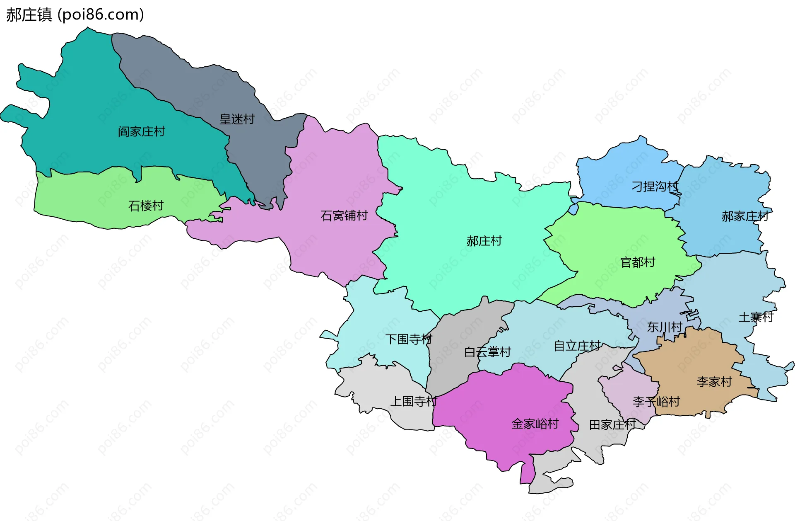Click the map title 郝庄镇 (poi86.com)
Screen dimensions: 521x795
pos(75,15)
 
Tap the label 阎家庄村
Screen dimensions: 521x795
pos(141,132)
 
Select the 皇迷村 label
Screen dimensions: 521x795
pos(237,119)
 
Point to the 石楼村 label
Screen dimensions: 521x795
pos(146,206)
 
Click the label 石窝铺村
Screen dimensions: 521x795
pos(344,216)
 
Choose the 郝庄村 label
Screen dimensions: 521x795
pos(484,241)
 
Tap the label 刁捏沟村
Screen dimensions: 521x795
pos(655,187)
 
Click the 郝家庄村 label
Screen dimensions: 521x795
pos(745,216)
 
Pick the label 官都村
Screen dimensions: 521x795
pos(638,262)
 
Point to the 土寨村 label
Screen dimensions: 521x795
pos(756,317)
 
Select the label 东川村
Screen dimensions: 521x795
pos(665,327)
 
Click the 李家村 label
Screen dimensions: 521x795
pos(714,381)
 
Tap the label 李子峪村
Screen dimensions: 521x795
pos(656,401)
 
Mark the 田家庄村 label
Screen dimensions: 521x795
pos(612,424)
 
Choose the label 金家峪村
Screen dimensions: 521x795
pos(535,424)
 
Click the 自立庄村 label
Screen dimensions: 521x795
pos(577,345)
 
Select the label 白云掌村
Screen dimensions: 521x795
pos(487,352)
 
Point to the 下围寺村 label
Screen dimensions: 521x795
pos(409,339)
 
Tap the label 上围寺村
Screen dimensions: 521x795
pos(414,401)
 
